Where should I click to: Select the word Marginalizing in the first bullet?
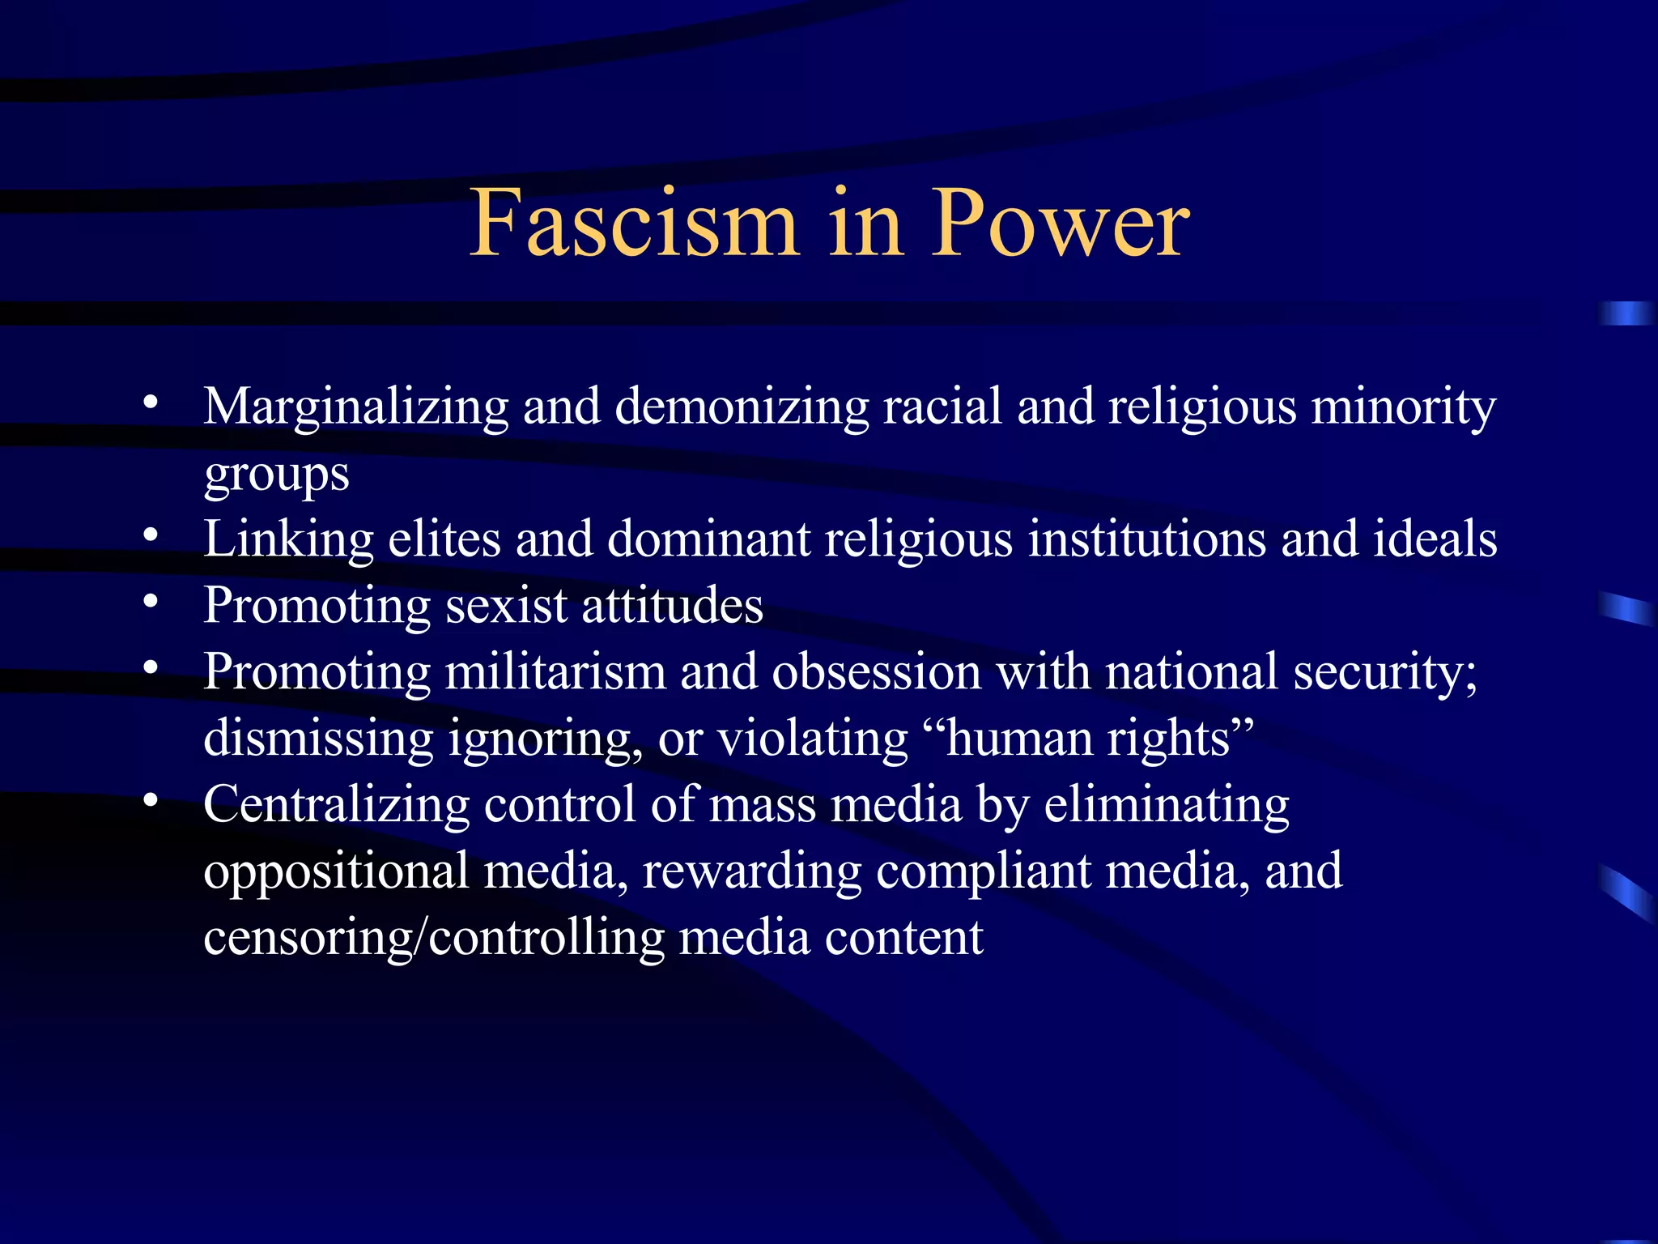click(x=355, y=407)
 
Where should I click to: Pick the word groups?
click(x=276, y=475)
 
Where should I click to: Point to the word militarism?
click(x=555, y=672)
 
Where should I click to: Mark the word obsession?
click(x=876, y=672)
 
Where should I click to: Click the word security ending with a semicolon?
click(x=1385, y=674)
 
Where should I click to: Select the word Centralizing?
click(x=336, y=805)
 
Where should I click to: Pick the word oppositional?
click(x=336, y=873)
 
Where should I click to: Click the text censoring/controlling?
click(x=433, y=939)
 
